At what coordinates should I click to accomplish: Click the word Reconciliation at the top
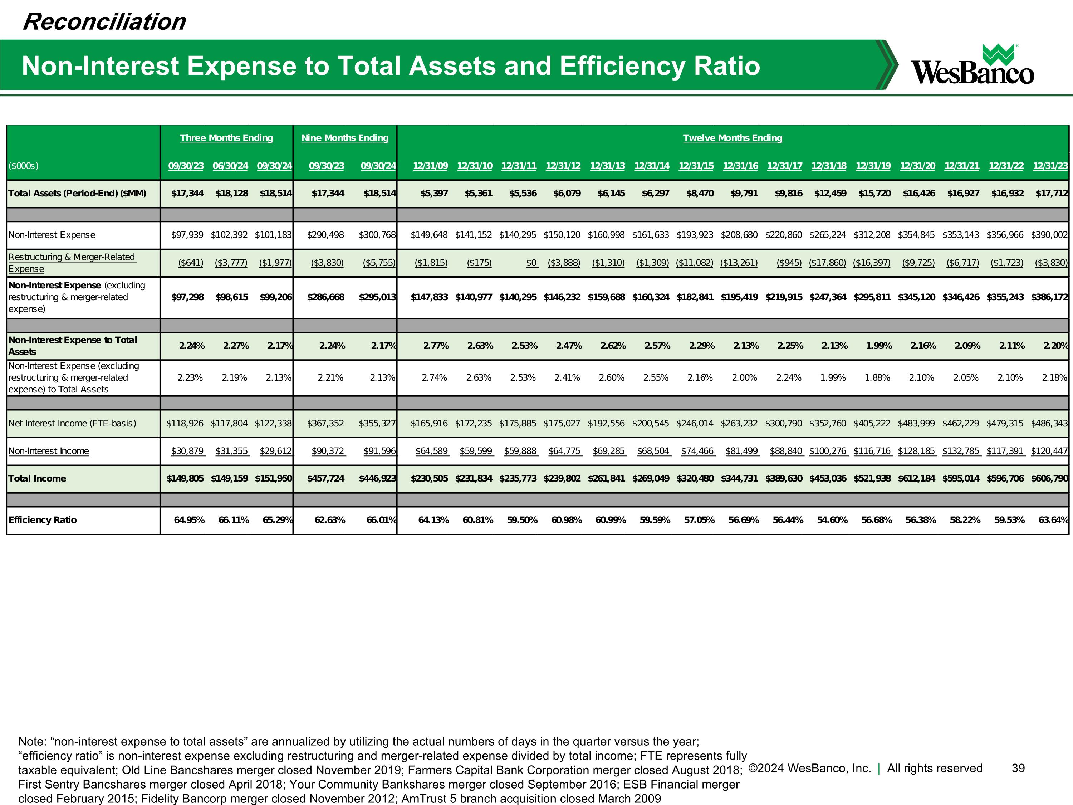coord(104,22)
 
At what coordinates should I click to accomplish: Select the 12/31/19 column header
coord(873,166)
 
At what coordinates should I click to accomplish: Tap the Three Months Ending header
coord(226,138)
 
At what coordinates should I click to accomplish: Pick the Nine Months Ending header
coord(345,138)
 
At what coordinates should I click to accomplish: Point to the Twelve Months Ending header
coord(733,138)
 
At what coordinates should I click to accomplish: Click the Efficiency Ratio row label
coord(43,520)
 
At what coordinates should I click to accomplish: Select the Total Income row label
coord(37,478)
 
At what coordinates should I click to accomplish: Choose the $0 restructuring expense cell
coord(531,263)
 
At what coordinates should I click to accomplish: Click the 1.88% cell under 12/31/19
coord(877,377)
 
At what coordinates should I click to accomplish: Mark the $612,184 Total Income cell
coord(916,478)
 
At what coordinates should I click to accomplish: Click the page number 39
coord(1018,768)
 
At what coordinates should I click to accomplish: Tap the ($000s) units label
coord(23,166)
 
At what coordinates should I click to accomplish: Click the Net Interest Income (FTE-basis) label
coord(72,424)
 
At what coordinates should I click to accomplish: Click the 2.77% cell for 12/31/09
coord(436,346)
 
